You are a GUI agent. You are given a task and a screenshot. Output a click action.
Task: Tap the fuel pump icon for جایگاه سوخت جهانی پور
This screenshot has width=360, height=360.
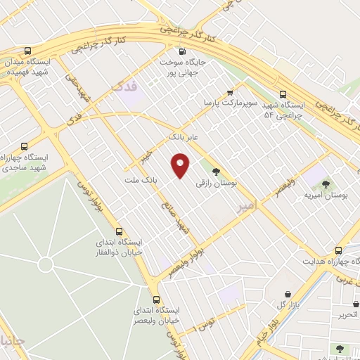click(x=183, y=51)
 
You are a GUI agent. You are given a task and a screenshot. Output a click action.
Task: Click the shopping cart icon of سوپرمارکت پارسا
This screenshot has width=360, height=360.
click(x=230, y=92)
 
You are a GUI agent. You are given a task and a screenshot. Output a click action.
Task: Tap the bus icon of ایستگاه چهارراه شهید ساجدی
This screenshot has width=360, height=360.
click(x=25, y=147)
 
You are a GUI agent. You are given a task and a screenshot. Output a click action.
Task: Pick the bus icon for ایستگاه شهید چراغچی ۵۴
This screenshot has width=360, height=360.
click(x=283, y=94)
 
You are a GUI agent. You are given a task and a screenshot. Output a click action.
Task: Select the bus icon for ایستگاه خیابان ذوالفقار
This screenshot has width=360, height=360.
click(x=118, y=231)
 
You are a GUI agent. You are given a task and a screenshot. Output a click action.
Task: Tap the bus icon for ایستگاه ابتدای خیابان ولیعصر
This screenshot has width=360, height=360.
click(x=156, y=298)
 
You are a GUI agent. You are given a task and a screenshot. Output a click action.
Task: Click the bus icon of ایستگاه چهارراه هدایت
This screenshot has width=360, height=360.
click(x=338, y=250)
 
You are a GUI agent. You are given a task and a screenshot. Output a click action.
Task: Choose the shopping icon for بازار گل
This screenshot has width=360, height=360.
click(x=287, y=295)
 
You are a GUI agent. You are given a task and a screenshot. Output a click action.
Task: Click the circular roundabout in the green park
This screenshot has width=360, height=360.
click(x=46, y=265)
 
